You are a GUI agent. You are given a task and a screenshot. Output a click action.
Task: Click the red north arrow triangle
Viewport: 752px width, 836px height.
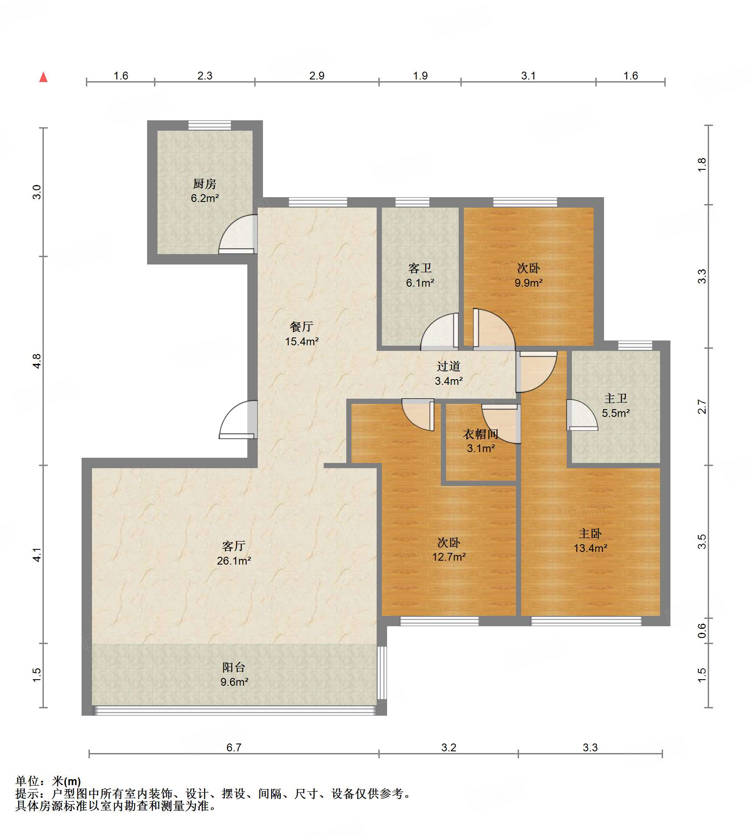[x=43, y=77]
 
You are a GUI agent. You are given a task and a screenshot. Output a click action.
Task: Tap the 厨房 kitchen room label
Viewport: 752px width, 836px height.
[x=205, y=184]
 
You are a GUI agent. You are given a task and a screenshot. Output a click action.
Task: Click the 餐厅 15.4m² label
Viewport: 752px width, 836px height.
[x=302, y=334]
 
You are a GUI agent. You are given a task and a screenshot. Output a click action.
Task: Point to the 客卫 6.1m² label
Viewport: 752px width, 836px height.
[x=420, y=275]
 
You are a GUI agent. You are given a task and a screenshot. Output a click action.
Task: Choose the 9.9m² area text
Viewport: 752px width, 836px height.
[x=529, y=283]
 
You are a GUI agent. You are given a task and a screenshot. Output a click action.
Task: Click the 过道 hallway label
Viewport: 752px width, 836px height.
[x=449, y=366]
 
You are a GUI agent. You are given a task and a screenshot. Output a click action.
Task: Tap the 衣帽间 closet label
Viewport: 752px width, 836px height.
[x=481, y=434]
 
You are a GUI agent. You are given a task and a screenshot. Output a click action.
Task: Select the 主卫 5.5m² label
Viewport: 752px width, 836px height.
[x=616, y=406]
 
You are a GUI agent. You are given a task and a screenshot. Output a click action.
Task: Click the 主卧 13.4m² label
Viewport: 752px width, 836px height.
[x=590, y=541]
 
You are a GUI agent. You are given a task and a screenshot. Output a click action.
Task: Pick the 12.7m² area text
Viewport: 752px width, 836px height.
[x=449, y=557]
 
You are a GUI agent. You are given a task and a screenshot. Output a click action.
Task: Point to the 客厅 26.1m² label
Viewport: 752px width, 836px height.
[x=234, y=553]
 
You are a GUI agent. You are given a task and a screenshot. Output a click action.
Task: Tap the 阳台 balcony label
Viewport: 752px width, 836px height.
[x=234, y=667]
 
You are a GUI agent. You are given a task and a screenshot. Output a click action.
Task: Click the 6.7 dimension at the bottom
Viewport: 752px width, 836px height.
[x=234, y=747]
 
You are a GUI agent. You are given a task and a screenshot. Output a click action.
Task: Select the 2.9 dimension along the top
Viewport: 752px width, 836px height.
[x=317, y=76]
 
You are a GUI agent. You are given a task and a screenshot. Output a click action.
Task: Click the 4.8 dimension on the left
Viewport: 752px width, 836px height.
[x=37, y=361]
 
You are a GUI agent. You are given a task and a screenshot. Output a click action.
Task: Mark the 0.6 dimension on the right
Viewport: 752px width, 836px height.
[x=702, y=631]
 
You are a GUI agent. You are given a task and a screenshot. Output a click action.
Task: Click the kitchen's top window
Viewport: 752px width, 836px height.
[x=210, y=125]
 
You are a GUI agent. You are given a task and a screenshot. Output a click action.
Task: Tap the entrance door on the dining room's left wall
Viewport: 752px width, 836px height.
[x=238, y=420]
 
